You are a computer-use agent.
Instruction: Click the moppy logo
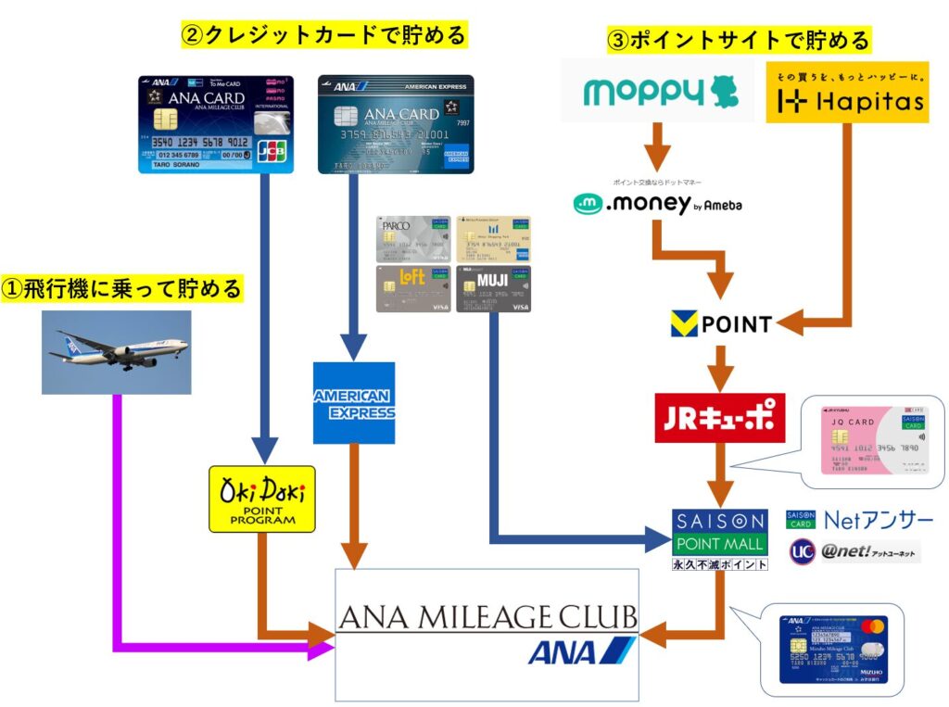click(659, 92)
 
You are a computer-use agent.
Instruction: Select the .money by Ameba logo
click(657, 201)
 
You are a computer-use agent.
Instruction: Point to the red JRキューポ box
click(719, 418)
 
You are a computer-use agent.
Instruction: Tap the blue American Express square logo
click(353, 402)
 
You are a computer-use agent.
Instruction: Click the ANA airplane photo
click(116, 352)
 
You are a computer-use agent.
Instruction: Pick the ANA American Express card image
click(396, 124)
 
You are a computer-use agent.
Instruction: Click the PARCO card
click(413, 239)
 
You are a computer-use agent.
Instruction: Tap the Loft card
click(413, 288)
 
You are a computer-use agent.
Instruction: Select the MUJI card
click(493, 288)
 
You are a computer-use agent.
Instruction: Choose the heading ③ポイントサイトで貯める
click(738, 41)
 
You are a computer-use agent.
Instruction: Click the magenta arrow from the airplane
click(117, 519)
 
